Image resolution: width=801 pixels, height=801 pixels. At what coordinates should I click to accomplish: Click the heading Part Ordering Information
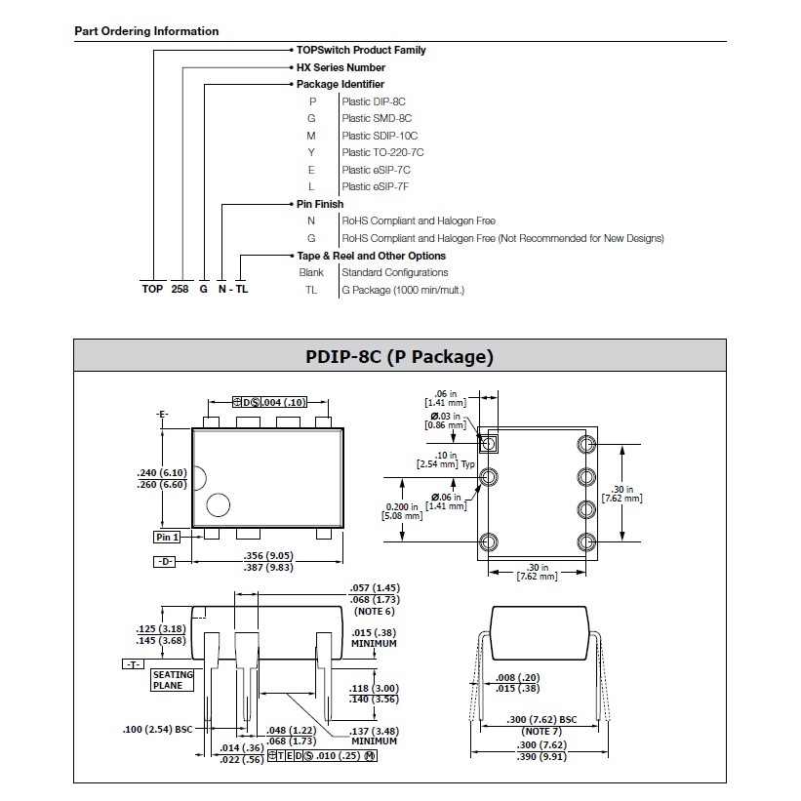[146, 31]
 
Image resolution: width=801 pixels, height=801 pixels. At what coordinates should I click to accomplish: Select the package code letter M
[311, 136]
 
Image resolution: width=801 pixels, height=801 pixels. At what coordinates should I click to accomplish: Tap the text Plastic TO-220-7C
[382, 152]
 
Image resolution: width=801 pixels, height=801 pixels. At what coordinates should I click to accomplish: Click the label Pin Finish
[320, 204]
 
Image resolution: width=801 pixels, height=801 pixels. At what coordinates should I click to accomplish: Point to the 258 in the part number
[180, 289]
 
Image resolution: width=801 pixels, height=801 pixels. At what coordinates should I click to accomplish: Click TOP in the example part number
[152, 289]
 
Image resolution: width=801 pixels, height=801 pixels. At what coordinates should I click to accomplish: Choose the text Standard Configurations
[395, 273]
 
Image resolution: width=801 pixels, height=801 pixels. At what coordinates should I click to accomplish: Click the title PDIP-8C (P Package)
[399, 356]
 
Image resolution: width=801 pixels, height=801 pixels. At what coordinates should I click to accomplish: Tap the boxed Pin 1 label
[167, 537]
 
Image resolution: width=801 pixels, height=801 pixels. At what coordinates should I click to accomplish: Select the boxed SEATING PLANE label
[173, 680]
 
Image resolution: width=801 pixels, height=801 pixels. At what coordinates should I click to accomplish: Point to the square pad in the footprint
[489, 443]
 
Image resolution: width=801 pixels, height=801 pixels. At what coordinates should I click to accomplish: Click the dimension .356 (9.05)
[268, 555]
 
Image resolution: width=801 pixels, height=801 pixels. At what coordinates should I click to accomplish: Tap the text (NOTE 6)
[375, 612]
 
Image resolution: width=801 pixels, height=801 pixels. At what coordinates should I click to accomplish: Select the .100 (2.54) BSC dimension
[158, 730]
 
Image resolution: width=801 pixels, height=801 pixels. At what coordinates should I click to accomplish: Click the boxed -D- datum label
[165, 562]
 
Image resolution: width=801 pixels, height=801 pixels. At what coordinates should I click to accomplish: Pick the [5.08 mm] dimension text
[402, 516]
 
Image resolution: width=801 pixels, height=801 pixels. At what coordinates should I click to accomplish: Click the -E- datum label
[162, 415]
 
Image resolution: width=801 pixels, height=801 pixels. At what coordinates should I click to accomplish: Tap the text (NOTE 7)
[541, 731]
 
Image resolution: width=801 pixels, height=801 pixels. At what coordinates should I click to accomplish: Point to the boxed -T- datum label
[134, 664]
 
